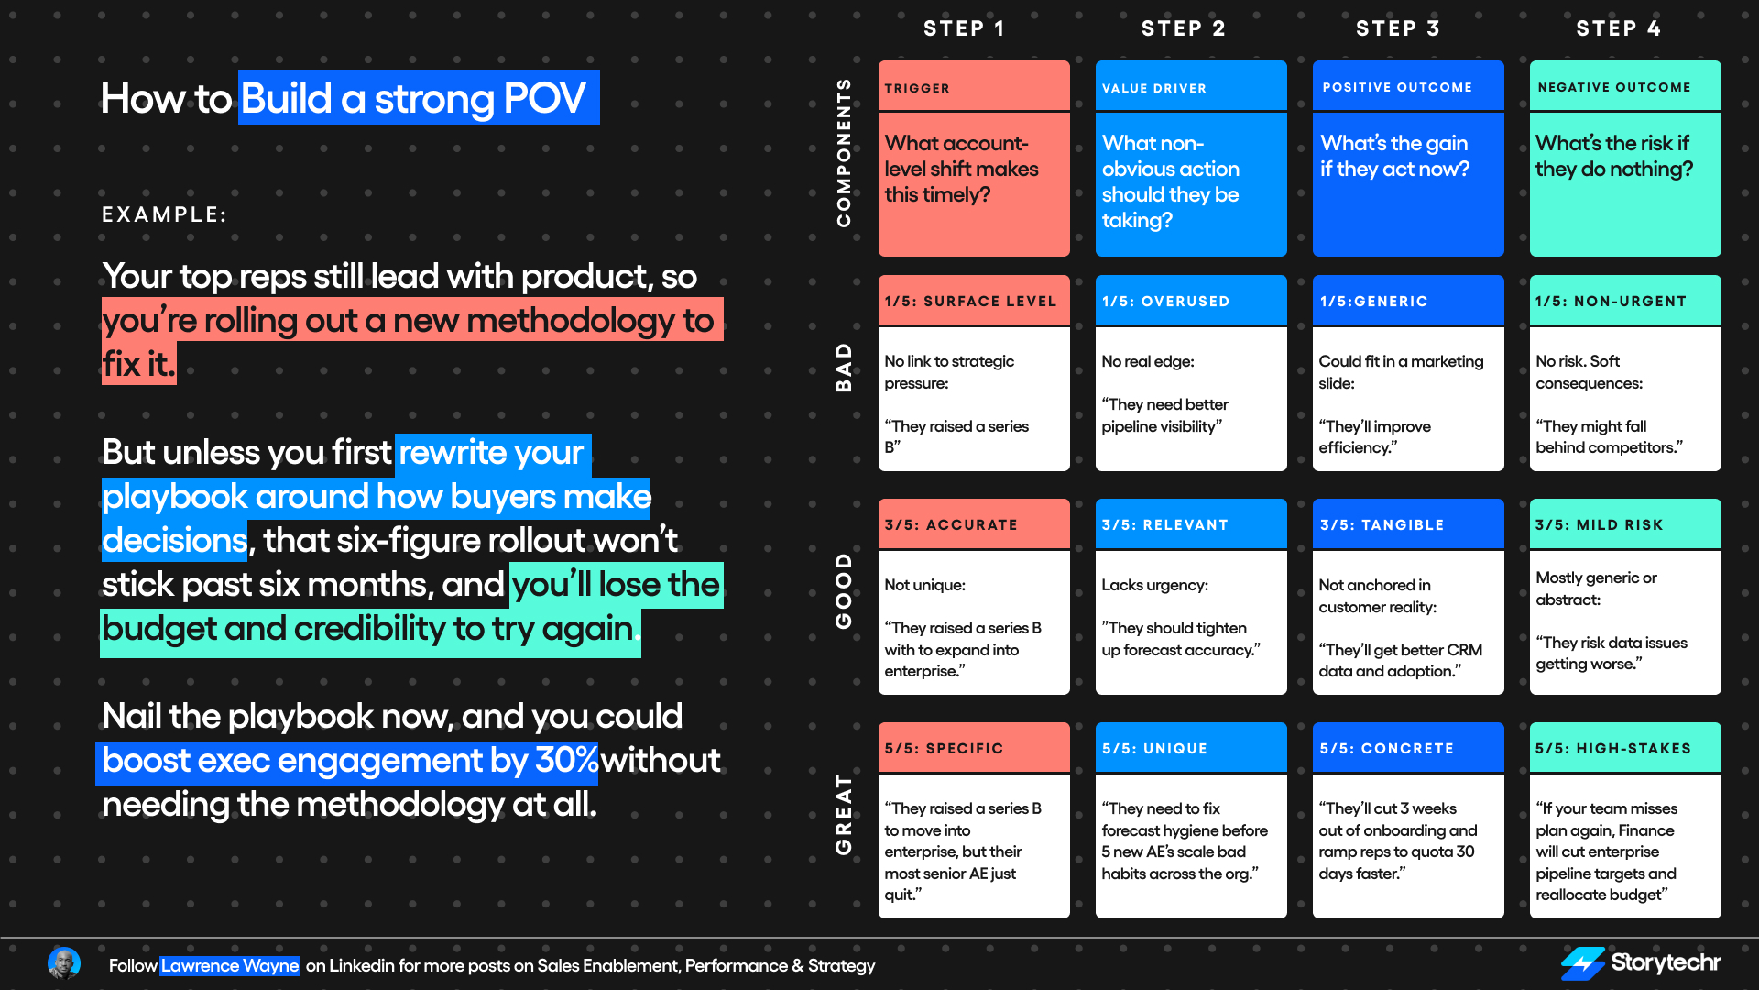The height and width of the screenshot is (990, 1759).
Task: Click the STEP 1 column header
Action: [x=964, y=28]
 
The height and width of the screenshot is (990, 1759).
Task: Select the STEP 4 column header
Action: [x=1618, y=28]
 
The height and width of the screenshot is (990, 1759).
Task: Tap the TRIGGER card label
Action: [x=917, y=88]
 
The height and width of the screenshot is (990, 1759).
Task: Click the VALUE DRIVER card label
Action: [x=1154, y=88]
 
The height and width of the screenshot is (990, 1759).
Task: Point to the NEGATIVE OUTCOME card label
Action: [x=1614, y=87]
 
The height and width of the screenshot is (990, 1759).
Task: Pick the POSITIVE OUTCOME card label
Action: [x=1397, y=87]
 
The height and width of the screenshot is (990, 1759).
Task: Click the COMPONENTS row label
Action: [x=844, y=152]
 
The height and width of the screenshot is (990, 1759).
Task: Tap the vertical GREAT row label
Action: [x=844, y=814]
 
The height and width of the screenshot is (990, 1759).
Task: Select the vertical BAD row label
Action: [x=844, y=368]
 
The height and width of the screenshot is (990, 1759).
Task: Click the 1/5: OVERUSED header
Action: [x=1165, y=301]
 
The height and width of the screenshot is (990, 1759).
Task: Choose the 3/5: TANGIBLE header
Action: [x=1382, y=524]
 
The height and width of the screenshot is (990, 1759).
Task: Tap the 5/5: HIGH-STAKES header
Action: [x=1613, y=748]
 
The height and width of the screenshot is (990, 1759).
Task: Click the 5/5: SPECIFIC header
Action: [x=944, y=748]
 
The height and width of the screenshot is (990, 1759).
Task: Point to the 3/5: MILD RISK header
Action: [x=1599, y=524]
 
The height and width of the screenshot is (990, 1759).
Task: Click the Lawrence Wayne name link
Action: [x=229, y=965]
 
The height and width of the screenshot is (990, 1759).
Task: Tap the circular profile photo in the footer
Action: [x=64, y=963]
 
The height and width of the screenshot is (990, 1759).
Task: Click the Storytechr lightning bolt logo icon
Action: [x=1582, y=963]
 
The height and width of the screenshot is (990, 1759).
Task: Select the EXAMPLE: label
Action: [x=164, y=214]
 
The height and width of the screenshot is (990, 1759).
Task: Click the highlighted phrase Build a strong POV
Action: [x=418, y=98]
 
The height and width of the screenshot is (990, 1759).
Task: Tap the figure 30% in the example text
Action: [x=566, y=761]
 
